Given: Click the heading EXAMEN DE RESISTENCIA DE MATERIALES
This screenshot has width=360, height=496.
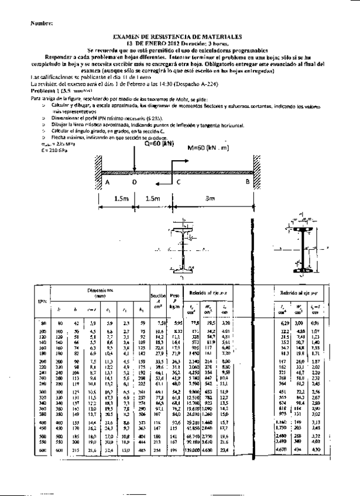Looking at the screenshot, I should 179,36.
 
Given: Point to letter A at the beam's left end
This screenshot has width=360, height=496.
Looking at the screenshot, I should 107,182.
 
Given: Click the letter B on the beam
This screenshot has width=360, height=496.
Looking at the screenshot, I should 247,182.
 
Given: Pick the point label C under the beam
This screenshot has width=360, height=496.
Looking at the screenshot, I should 178,182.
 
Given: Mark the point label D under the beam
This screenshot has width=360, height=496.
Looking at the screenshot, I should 134,182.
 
